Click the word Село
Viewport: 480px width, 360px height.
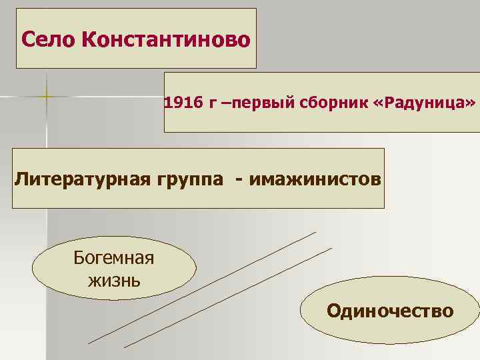(x=47, y=39)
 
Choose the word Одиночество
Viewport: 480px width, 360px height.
(x=390, y=311)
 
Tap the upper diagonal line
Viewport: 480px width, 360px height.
(x=200, y=287)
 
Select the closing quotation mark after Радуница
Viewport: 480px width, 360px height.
(x=471, y=104)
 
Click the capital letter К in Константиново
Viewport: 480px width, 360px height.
(x=89, y=39)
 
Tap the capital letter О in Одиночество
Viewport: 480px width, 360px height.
(x=333, y=311)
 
